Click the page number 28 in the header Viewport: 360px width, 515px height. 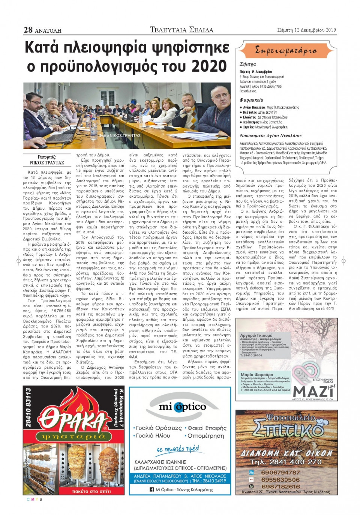tap(28, 30)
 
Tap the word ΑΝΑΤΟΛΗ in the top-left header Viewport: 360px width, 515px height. tap(48, 30)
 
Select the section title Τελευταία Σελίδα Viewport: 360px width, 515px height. tap(181, 30)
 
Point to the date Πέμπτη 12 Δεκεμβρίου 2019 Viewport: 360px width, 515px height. tap(306, 30)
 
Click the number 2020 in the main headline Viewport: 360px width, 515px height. tap(209, 66)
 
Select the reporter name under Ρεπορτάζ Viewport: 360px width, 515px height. tap(47, 163)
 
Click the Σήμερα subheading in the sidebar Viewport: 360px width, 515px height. tap(247, 64)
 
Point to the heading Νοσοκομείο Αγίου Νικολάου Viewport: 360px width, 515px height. tap(270, 136)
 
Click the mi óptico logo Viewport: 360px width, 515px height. tap(183, 407)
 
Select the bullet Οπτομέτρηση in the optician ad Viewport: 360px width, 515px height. tap(205, 436)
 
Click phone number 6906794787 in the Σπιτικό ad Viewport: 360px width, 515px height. tap(280, 473)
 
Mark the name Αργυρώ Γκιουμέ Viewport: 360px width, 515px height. tap(256, 335)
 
